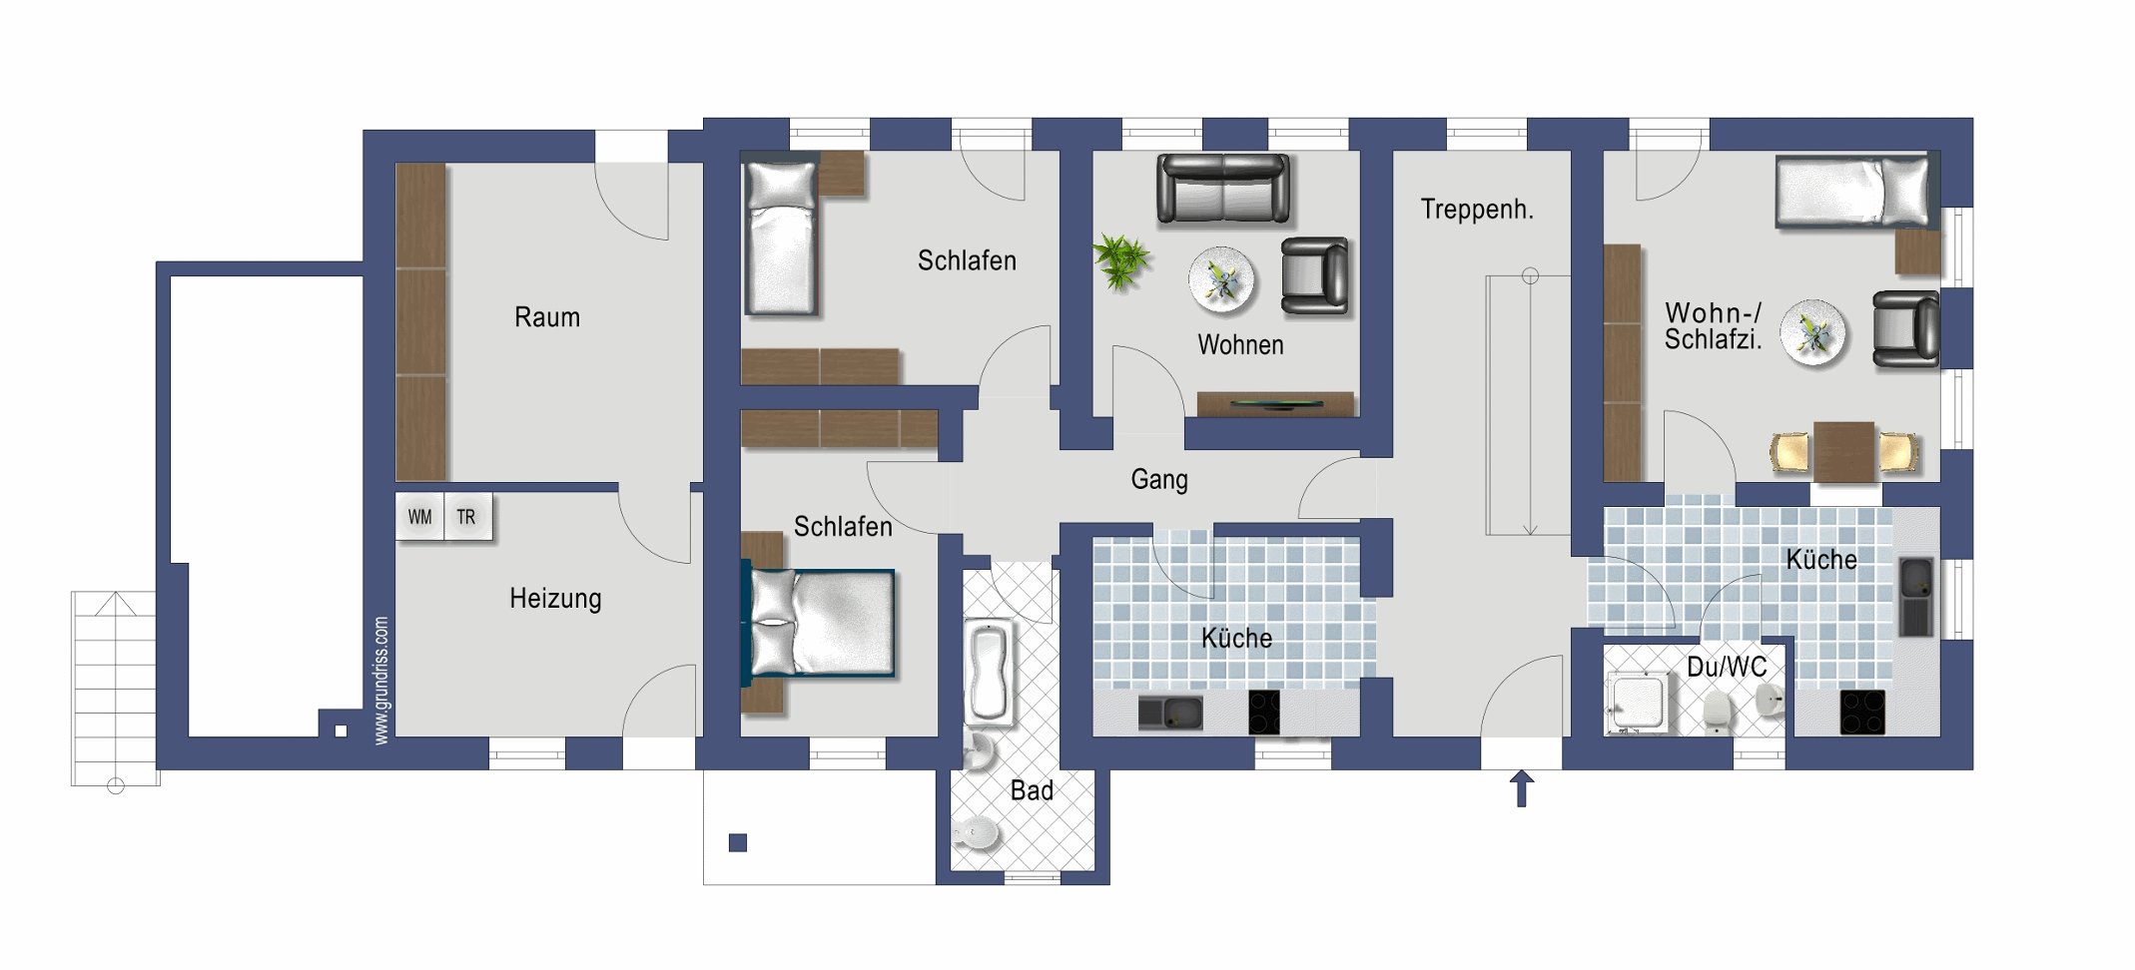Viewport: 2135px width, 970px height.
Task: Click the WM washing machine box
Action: pyautogui.click(x=419, y=517)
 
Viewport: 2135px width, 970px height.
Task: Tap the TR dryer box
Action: pyautogui.click(x=467, y=517)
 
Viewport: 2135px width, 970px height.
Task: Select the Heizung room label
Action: pyautogui.click(x=555, y=599)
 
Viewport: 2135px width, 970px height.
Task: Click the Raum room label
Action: pyautogui.click(x=547, y=317)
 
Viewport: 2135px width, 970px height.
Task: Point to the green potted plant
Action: pyautogui.click(x=1121, y=260)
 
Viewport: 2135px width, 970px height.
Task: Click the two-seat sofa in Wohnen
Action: pyautogui.click(x=1223, y=188)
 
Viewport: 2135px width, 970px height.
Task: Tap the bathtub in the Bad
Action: pyautogui.click(x=989, y=671)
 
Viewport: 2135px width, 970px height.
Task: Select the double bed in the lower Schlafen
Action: pyautogui.click(x=819, y=623)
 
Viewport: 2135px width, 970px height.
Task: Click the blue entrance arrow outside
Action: pyautogui.click(x=1521, y=788)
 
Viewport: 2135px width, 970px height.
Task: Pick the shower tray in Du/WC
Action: pyautogui.click(x=1639, y=703)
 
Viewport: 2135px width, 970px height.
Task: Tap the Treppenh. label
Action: pyautogui.click(x=1477, y=210)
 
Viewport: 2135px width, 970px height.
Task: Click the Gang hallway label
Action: pyautogui.click(x=1159, y=480)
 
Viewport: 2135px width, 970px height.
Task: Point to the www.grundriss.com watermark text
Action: pyautogui.click(x=380, y=681)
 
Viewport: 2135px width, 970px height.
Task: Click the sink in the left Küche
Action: pyautogui.click(x=1170, y=713)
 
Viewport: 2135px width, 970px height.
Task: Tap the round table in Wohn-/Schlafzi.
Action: pyautogui.click(x=1814, y=332)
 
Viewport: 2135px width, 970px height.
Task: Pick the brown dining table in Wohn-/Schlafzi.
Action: pyautogui.click(x=1843, y=452)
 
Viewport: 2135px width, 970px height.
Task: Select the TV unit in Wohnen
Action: pyautogui.click(x=1275, y=404)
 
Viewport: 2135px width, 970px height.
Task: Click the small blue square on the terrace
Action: pyautogui.click(x=738, y=842)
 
